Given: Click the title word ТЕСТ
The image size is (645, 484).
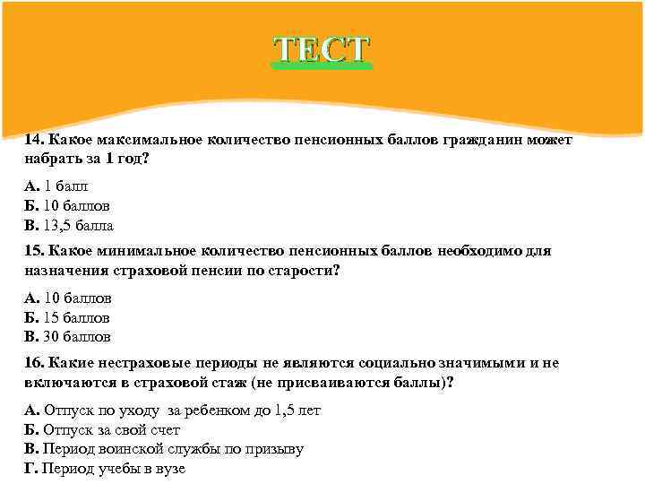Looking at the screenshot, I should (322, 50).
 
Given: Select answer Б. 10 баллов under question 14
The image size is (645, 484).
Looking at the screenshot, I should (68, 205).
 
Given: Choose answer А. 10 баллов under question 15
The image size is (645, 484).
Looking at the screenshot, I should (68, 298).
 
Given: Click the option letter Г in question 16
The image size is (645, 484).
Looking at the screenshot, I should (30, 469).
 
